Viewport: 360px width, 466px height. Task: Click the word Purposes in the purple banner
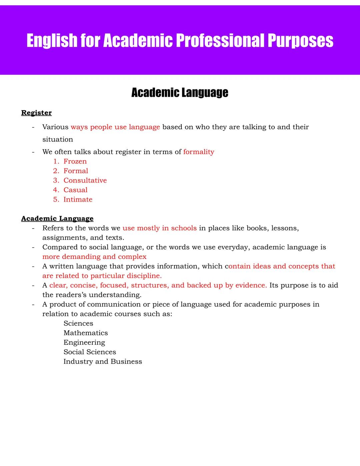(x=300, y=41)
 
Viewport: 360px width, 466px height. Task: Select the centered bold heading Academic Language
(x=180, y=92)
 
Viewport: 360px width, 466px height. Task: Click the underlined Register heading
(x=36, y=113)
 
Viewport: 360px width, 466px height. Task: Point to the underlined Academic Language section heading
(x=57, y=218)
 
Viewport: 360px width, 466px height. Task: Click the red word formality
(x=199, y=152)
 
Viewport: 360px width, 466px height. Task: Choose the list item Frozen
(x=75, y=161)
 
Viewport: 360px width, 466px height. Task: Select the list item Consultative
(x=85, y=180)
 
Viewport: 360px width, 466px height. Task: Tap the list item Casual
(x=75, y=190)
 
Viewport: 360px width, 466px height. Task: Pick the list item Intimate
(x=78, y=199)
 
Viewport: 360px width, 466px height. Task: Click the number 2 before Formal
(x=55, y=171)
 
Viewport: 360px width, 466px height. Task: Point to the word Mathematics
(x=86, y=333)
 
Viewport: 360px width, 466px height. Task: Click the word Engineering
(x=84, y=343)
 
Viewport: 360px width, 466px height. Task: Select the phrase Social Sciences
(x=90, y=352)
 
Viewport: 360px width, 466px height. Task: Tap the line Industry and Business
(x=103, y=362)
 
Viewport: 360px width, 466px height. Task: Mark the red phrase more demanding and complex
(x=94, y=257)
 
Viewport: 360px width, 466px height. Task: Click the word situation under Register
(x=57, y=139)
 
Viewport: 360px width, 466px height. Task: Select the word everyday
(x=234, y=247)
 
